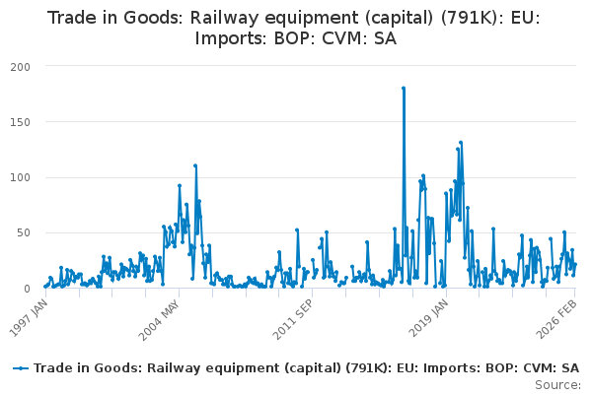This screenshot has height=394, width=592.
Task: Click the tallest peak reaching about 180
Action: pos(404,88)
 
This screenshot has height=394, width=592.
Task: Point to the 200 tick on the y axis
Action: pos(20,66)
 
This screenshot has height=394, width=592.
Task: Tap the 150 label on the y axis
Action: pos(20,121)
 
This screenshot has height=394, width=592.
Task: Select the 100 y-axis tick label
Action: pos(20,177)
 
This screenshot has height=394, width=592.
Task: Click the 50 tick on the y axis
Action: pos(24,232)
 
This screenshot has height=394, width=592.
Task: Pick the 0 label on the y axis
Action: pos(28,288)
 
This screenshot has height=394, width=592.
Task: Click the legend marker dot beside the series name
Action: pos(21,367)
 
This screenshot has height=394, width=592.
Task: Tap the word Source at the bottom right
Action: pos(558,384)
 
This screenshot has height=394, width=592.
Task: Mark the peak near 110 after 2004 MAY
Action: pos(195,165)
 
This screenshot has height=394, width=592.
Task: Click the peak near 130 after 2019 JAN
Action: pos(460,143)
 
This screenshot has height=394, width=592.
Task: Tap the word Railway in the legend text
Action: pos(164,367)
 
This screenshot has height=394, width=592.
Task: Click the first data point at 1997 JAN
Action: pos(44,287)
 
